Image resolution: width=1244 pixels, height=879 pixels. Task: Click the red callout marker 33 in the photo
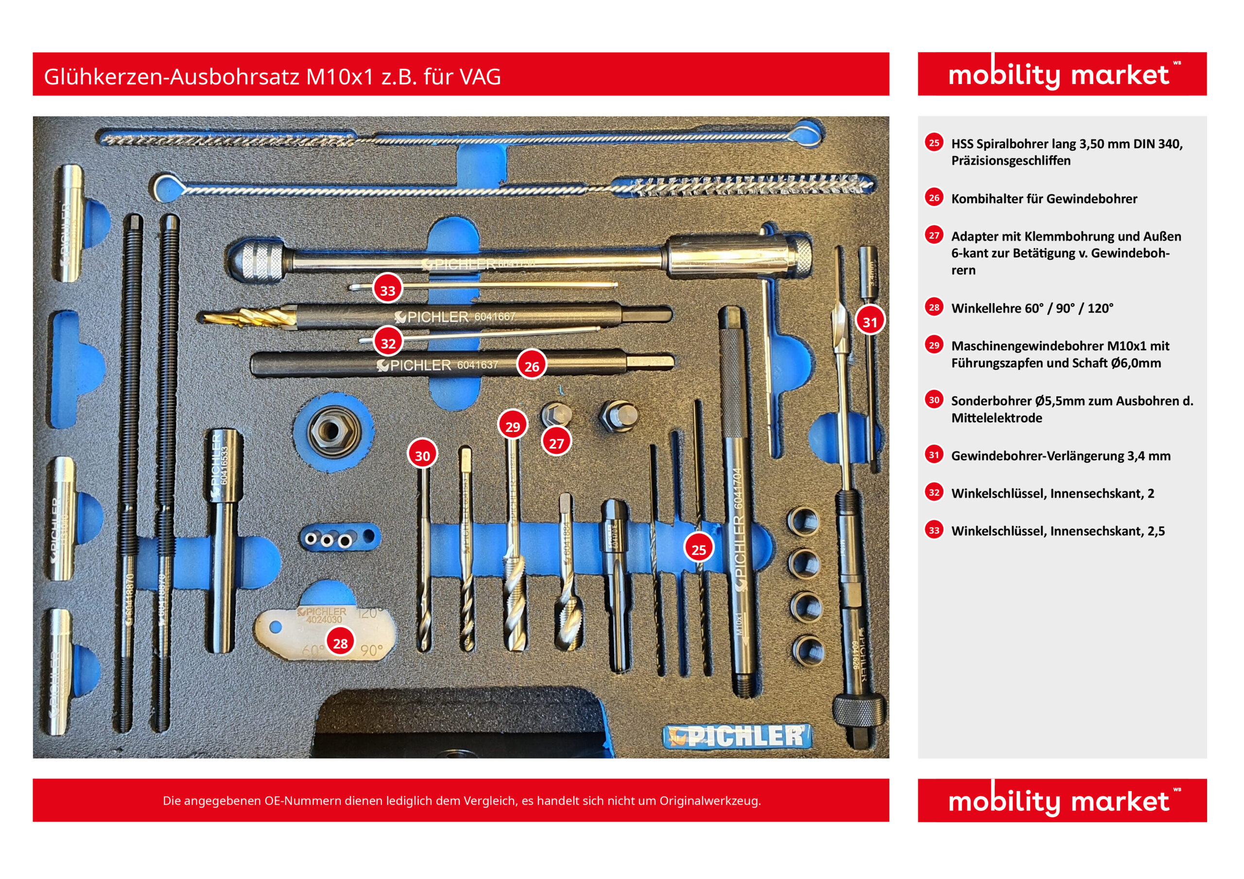(x=387, y=290)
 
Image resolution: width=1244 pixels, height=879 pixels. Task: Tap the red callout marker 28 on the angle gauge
(x=340, y=643)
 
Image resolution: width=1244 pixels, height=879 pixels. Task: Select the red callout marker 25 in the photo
(x=698, y=550)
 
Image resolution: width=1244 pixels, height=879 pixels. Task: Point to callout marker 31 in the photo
(x=870, y=322)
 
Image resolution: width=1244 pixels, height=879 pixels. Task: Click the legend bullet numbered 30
(x=934, y=400)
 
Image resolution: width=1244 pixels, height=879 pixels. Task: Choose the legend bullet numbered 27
(x=934, y=235)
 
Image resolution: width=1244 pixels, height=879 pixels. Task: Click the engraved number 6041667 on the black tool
(x=495, y=316)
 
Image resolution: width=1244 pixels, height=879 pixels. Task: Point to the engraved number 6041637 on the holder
(x=477, y=365)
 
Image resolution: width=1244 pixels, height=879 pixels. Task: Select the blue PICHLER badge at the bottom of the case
(x=737, y=737)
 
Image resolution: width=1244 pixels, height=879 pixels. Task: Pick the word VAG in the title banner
(x=480, y=77)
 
